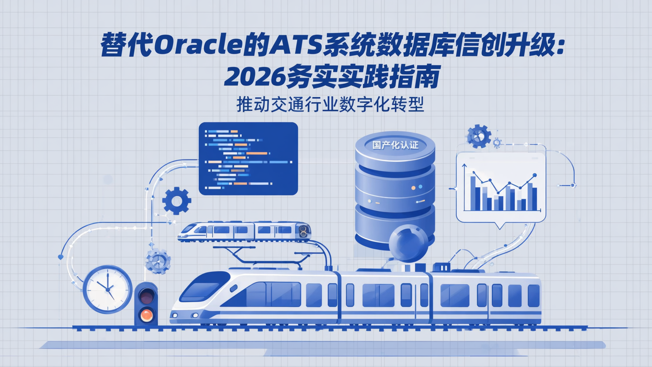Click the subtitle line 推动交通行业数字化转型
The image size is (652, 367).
330,105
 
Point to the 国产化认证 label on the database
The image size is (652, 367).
394,145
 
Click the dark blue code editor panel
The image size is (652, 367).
248,159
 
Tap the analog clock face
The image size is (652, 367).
108,289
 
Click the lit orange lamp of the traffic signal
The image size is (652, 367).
146,314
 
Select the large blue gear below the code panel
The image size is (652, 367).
176,201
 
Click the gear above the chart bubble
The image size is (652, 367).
479,136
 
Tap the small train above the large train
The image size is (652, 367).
244,231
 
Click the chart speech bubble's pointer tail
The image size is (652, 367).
500,225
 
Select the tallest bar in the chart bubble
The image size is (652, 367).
473,193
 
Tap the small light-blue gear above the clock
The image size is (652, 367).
158,261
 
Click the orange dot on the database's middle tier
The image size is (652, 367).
412,187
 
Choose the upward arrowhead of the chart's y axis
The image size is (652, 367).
464,166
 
